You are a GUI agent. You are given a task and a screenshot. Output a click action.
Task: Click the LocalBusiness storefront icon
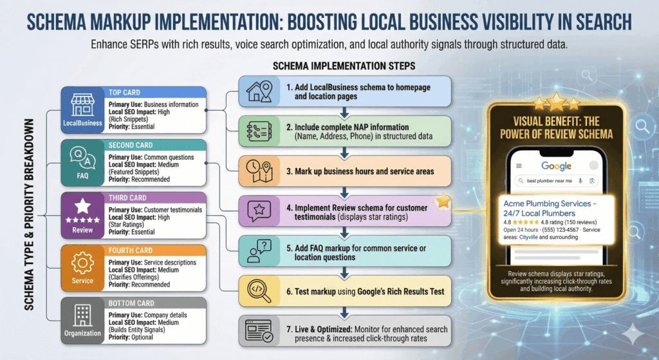(82, 105)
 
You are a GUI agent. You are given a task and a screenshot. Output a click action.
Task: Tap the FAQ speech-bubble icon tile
(82, 158)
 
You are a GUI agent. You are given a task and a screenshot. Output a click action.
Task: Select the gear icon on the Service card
(82, 264)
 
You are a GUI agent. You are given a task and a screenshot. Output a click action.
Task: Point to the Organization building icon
(82, 317)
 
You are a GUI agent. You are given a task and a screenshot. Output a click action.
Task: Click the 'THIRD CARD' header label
(125, 198)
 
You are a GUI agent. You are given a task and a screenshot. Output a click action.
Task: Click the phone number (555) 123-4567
(557, 230)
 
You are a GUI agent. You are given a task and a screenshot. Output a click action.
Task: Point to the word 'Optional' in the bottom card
(143, 337)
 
